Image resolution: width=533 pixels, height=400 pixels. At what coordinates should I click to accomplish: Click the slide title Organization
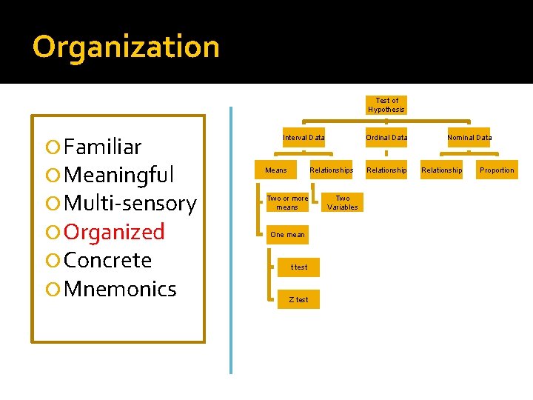pyautogui.click(x=126, y=47)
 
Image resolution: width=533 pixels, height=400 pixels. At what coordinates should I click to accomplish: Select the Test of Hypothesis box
pyautogui.click(x=386, y=105)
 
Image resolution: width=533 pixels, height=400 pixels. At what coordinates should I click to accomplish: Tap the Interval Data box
pyautogui.click(x=304, y=138)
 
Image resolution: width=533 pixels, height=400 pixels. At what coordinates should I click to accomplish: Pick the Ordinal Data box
pyautogui.click(x=386, y=138)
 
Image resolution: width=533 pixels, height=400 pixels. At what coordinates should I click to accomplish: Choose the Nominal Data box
pyautogui.click(x=469, y=138)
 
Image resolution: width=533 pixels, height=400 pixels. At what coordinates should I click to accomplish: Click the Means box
pyautogui.click(x=276, y=170)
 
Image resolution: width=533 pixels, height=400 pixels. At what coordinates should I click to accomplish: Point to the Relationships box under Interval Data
pyautogui.click(x=331, y=170)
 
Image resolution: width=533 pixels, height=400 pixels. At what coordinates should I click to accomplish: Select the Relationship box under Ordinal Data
pyautogui.click(x=386, y=170)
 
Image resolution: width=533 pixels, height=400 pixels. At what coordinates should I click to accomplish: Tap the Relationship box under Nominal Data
pyautogui.click(x=441, y=170)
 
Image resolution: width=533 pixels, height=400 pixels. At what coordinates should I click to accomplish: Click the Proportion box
pyautogui.click(x=497, y=170)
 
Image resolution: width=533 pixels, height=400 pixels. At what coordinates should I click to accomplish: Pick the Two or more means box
pyautogui.click(x=287, y=203)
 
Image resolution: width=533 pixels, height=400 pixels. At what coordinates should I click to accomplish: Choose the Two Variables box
pyautogui.click(x=342, y=203)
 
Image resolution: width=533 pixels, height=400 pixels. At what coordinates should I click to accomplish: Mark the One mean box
pyautogui.click(x=287, y=235)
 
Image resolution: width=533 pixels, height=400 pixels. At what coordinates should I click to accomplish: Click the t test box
pyautogui.click(x=298, y=267)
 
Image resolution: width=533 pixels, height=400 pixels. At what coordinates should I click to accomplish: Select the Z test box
pyautogui.click(x=298, y=299)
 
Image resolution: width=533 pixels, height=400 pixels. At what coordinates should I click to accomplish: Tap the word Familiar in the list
pyautogui.click(x=103, y=147)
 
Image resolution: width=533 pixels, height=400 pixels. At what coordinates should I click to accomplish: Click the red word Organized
pyautogui.click(x=114, y=232)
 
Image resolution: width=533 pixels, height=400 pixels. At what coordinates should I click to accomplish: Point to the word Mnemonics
pyautogui.click(x=120, y=289)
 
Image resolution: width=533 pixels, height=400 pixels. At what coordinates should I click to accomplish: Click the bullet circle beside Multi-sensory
pyautogui.click(x=52, y=204)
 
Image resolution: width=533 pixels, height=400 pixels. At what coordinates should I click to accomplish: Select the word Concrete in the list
pyautogui.click(x=107, y=261)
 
